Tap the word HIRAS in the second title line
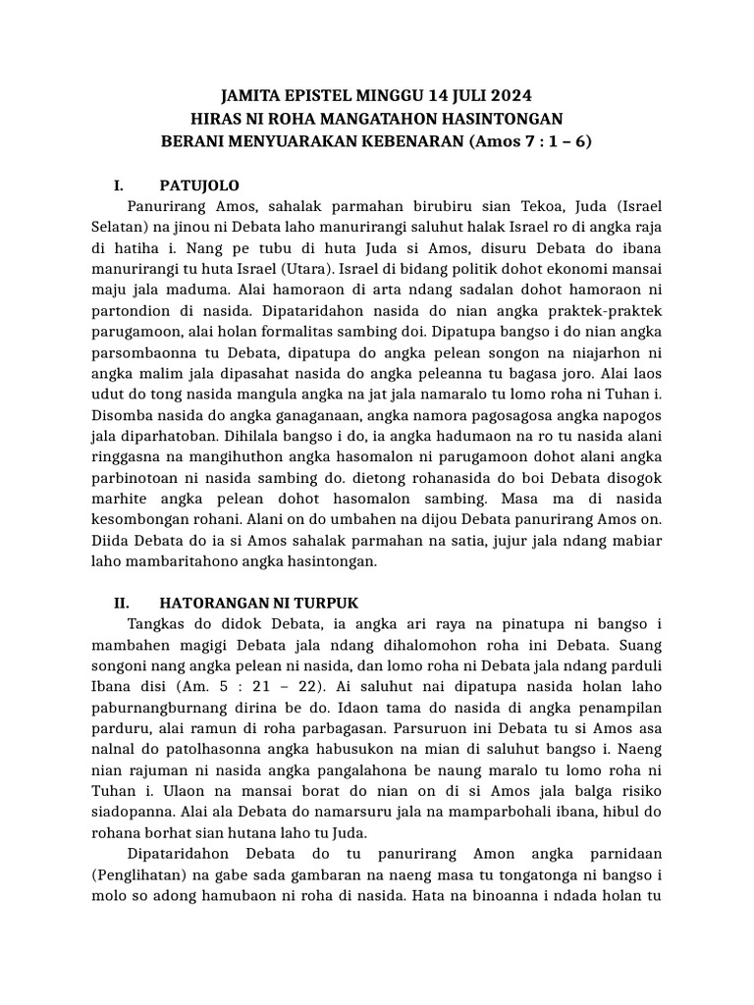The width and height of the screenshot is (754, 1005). click(x=218, y=118)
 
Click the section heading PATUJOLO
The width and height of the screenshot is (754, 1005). click(x=199, y=185)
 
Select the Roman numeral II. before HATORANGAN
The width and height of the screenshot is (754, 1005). click(x=124, y=602)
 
